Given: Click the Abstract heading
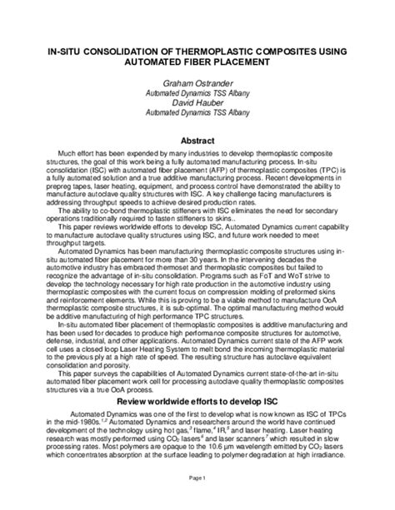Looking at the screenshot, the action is [x=197, y=141].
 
